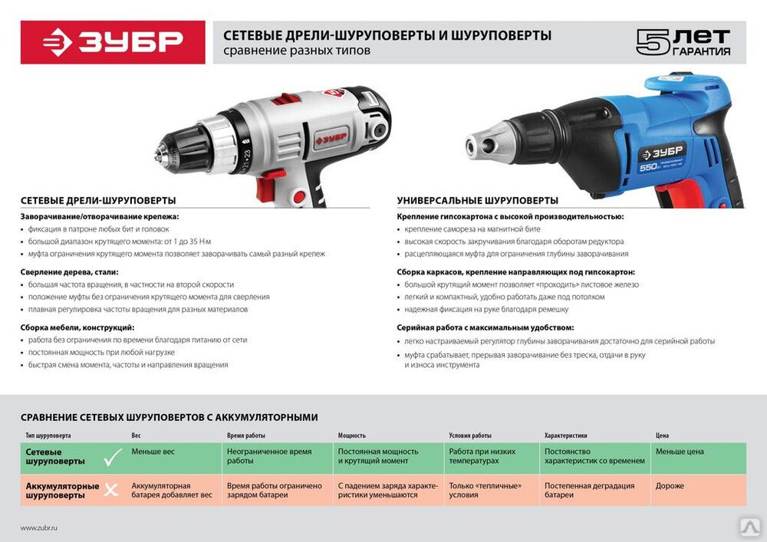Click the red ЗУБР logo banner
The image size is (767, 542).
point(113,42)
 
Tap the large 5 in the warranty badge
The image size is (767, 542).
point(653,42)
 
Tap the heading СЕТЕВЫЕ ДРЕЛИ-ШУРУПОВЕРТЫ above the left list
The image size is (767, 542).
point(98,200)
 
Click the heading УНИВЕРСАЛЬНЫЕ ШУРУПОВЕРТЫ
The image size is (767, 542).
point(477,200)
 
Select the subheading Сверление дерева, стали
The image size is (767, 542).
point(70,272)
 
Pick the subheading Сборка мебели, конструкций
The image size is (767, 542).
point(77,327)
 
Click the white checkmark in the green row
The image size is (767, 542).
point(113,458)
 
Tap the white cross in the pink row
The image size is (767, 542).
point(111,490)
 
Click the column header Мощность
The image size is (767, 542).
point(352,435)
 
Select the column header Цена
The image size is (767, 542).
point(663,435)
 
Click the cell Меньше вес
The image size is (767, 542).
point(153,452)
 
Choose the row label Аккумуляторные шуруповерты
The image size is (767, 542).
point(62,491)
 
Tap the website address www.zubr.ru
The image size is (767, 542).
point(39,528)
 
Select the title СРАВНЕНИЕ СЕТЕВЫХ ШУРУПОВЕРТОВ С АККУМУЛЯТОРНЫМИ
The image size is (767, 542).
point(170,417)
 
